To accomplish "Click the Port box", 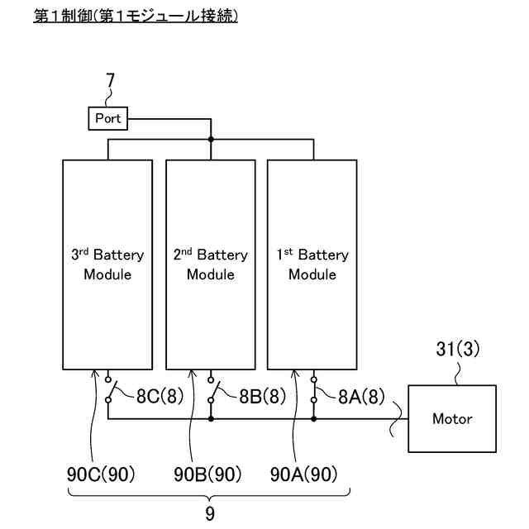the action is pyautogui.click(x=108, y=118).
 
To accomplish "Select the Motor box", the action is pyautogui.click(x=452, y=418).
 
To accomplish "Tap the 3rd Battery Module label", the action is pyautogui.click(x=107, y=264).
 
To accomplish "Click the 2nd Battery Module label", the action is pyautogui.click(x=211, y=264).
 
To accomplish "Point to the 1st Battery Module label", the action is pyautogui.click(x=312, y=264).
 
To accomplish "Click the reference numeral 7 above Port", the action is pyautogui.click(x=110, y=81).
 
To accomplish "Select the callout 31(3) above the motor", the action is pyautogui.click(x=457, y=349).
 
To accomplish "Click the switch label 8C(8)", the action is pyautogui.click(x=160, y=396).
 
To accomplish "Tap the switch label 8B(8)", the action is pyautogui.click(x=263, y=396).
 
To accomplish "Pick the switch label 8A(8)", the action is pyautogui.click(x=361, y=396).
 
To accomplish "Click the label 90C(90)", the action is pyautogui.click(x=101, y=474).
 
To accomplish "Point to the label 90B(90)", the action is pyautogui.click(x=207, y=474).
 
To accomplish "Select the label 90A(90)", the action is pyautogui.click(x=303, y=474).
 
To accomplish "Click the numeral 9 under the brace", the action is pyautogui.click(x=210, y=514).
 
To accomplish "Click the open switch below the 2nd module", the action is pyautogui.click(x=212, y=390).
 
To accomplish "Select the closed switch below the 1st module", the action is pyautogui.click(x=314, y=390).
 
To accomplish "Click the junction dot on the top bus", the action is pyautogui.click(x=211, y=139).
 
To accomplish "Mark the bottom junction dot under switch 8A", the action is pyautogui.click(x=314, y=419).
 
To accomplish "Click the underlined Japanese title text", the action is pyautogui.click(x=136, y=16).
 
